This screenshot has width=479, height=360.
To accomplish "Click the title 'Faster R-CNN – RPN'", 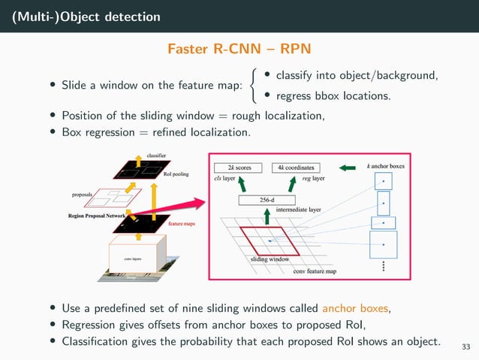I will tap(239, 49).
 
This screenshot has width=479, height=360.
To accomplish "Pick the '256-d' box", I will tap(267, 200).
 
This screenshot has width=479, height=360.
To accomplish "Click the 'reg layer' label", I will tap(312, 179).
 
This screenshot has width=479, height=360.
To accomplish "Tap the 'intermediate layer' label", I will tap(299, 210).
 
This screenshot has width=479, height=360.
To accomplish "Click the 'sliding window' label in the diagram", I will tap(270, 259).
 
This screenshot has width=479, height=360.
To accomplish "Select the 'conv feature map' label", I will tap(315, 271).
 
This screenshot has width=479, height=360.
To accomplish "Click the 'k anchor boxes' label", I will tap(385, 165).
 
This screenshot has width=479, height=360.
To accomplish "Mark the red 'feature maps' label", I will tap(182, 224).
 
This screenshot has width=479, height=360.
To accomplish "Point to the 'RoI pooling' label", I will tap(176, 174).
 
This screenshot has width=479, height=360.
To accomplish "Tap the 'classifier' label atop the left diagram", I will tap(156, 154).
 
